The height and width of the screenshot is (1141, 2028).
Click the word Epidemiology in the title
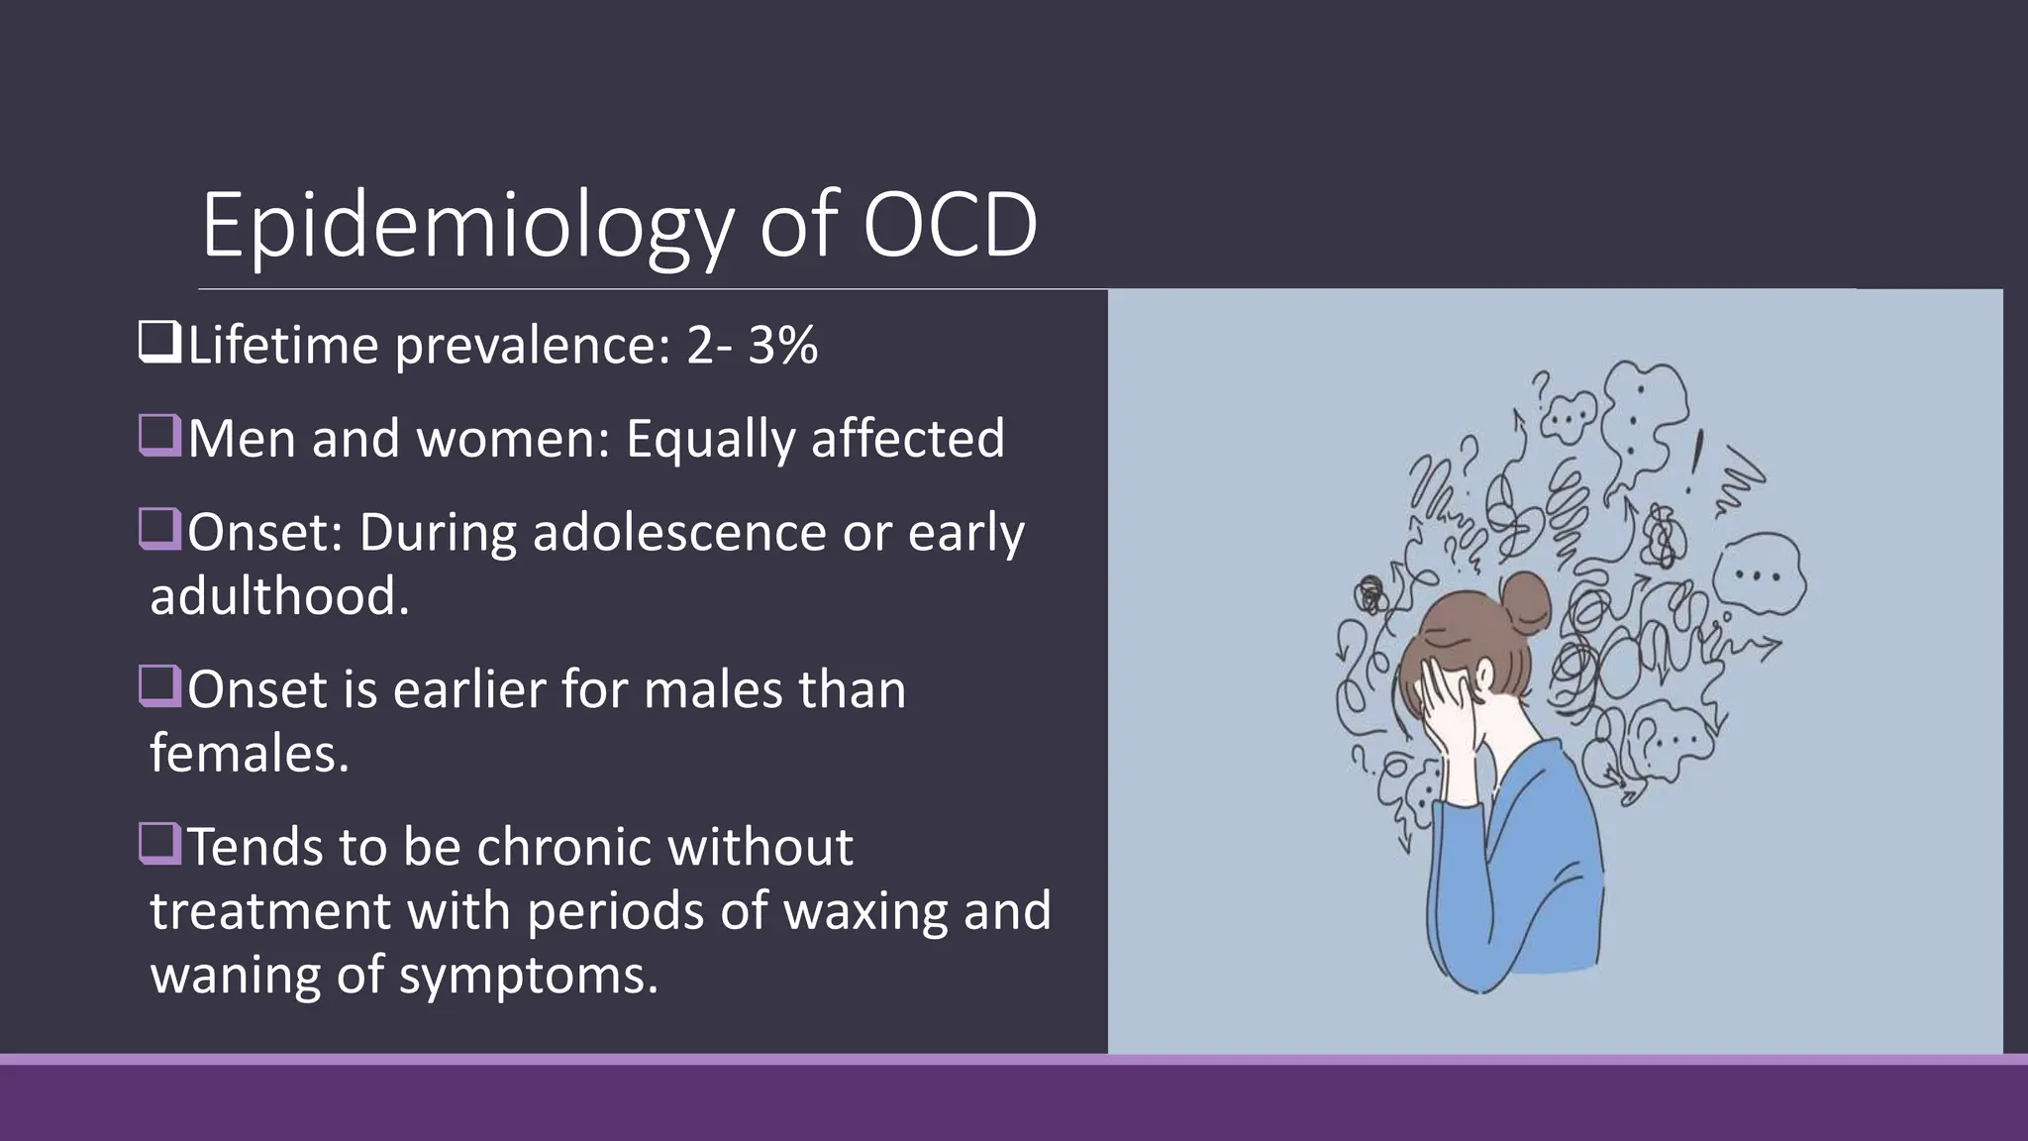pyautogui.click(x=465, y=226)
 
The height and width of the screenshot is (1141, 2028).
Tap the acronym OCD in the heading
pyautogui.click(x=949, y=226)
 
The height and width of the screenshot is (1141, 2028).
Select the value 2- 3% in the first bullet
pyautogui.click(x=753, y=346)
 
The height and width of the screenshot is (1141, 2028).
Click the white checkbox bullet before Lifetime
pyautogui.click(x=159, y=342)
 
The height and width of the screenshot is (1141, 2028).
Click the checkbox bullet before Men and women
pyautogui.click(x=159, y=436)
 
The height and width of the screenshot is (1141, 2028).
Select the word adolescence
pyautogui.click(x=678, y=533)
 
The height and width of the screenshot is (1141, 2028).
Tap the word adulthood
pyautogui.click(x=279, y=596)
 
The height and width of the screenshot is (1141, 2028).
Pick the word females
pyautogui.click(x=249, y=754)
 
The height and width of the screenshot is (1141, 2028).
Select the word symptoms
pyautogui.click(x=528, y=975)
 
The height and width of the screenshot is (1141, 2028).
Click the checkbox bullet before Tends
pyautogui.click(x=159, y=845)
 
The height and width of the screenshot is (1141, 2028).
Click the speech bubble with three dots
pyautogui.click(x=1760, y=574)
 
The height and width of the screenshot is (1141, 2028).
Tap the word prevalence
pyautogui.click(x=533, y=346)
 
